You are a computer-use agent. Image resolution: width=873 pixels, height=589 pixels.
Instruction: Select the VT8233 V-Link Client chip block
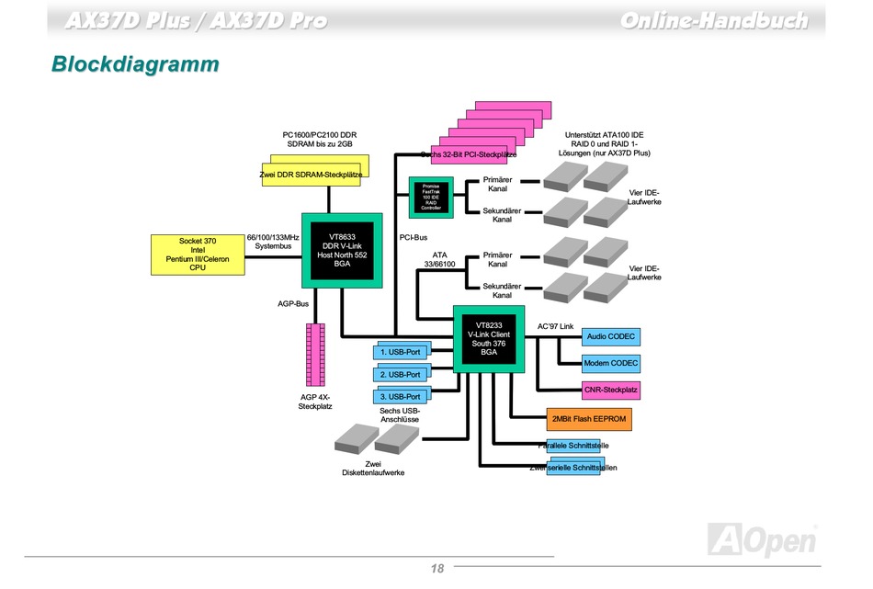pyautogui.click(x=488, y=338)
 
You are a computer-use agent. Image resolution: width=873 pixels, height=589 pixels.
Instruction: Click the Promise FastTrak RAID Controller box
pyautogui.click(x=431, y=197)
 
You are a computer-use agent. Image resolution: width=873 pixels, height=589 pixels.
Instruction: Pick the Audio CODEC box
pyautogui.click(x=611, y=337)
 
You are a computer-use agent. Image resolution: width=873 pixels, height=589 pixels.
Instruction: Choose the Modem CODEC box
pyautogui.click(x=611, y=364)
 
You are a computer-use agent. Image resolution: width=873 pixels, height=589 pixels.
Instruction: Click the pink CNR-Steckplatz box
pyautogui.click(x=611, y=391)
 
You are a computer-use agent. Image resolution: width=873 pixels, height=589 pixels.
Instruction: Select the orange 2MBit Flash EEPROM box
pyautogui.click(x=588, y=419)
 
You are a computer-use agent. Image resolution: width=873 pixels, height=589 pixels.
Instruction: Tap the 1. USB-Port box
pyautogui.click(x=401, y=351)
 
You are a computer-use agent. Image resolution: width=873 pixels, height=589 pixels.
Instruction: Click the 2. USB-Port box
pyautogui.click(x=401, y=374)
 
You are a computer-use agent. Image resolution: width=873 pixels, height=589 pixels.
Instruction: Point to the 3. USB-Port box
pyautogui.click(x=401, y=397)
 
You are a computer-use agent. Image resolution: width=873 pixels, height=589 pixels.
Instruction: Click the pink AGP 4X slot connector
pyautogui.click(x=315, y=355)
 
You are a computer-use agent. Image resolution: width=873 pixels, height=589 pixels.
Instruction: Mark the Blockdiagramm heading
pyautogui.click(x=135, y=64)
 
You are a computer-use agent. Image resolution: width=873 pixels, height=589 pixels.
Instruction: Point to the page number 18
pyautogui.click(x=437, y=569)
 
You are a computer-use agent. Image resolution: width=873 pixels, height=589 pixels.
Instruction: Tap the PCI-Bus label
pyautogui.click(x=414, y=238)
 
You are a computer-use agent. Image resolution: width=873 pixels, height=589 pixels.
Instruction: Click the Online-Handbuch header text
pyautogui.click(x=713, y=19)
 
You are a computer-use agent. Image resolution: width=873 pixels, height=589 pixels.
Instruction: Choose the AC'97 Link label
pyautogui.click(x=555, y=326)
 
